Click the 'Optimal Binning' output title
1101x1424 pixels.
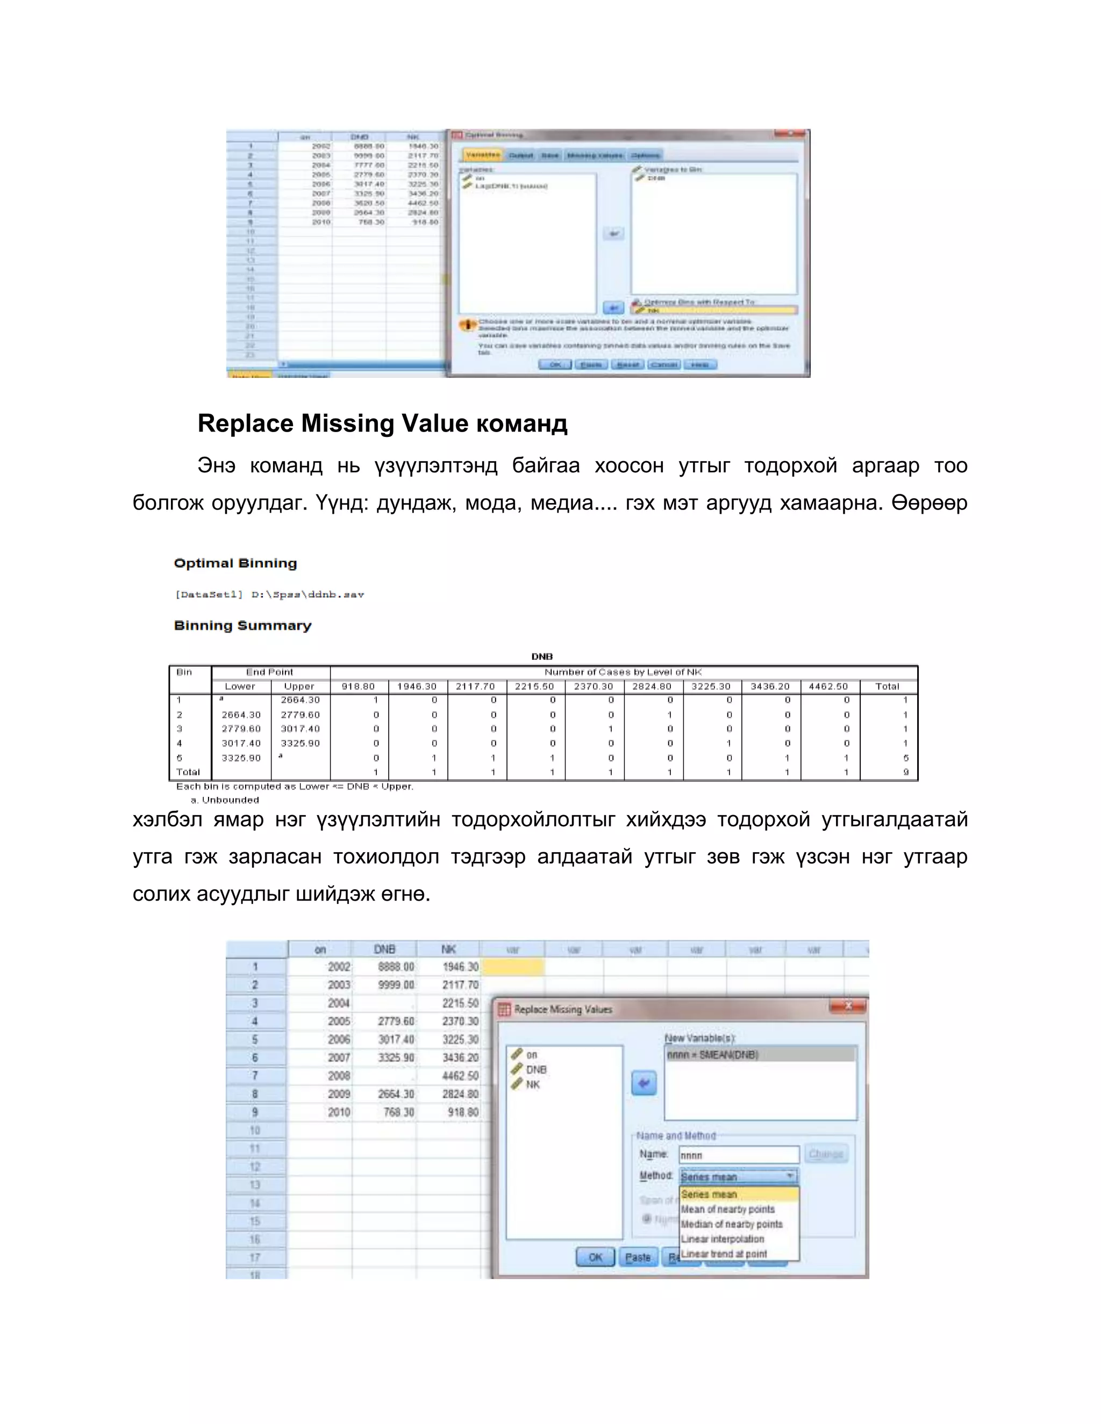[235, 563]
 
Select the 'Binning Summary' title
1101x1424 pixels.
[242, 625]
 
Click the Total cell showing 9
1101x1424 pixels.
[905, 772]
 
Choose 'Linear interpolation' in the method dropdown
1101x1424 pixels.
[722, 1239]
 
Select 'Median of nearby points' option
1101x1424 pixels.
[731, 1224]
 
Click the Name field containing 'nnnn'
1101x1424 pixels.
[738, 1155]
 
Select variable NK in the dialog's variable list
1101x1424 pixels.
[532, 1084]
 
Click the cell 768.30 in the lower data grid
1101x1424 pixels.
[398, 1112]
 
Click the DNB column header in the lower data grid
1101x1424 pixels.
[384, 950]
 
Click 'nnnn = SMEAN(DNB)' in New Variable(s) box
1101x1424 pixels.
[712, 1054]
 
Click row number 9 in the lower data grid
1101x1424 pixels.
[255, 1112]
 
